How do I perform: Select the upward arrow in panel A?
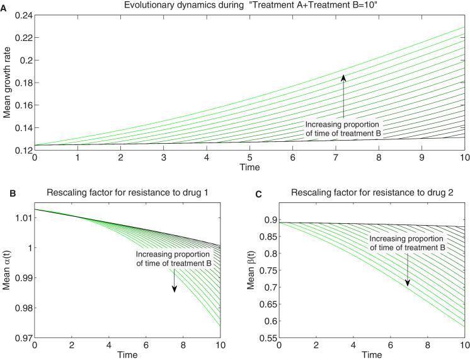344,95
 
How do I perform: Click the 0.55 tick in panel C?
261,338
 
